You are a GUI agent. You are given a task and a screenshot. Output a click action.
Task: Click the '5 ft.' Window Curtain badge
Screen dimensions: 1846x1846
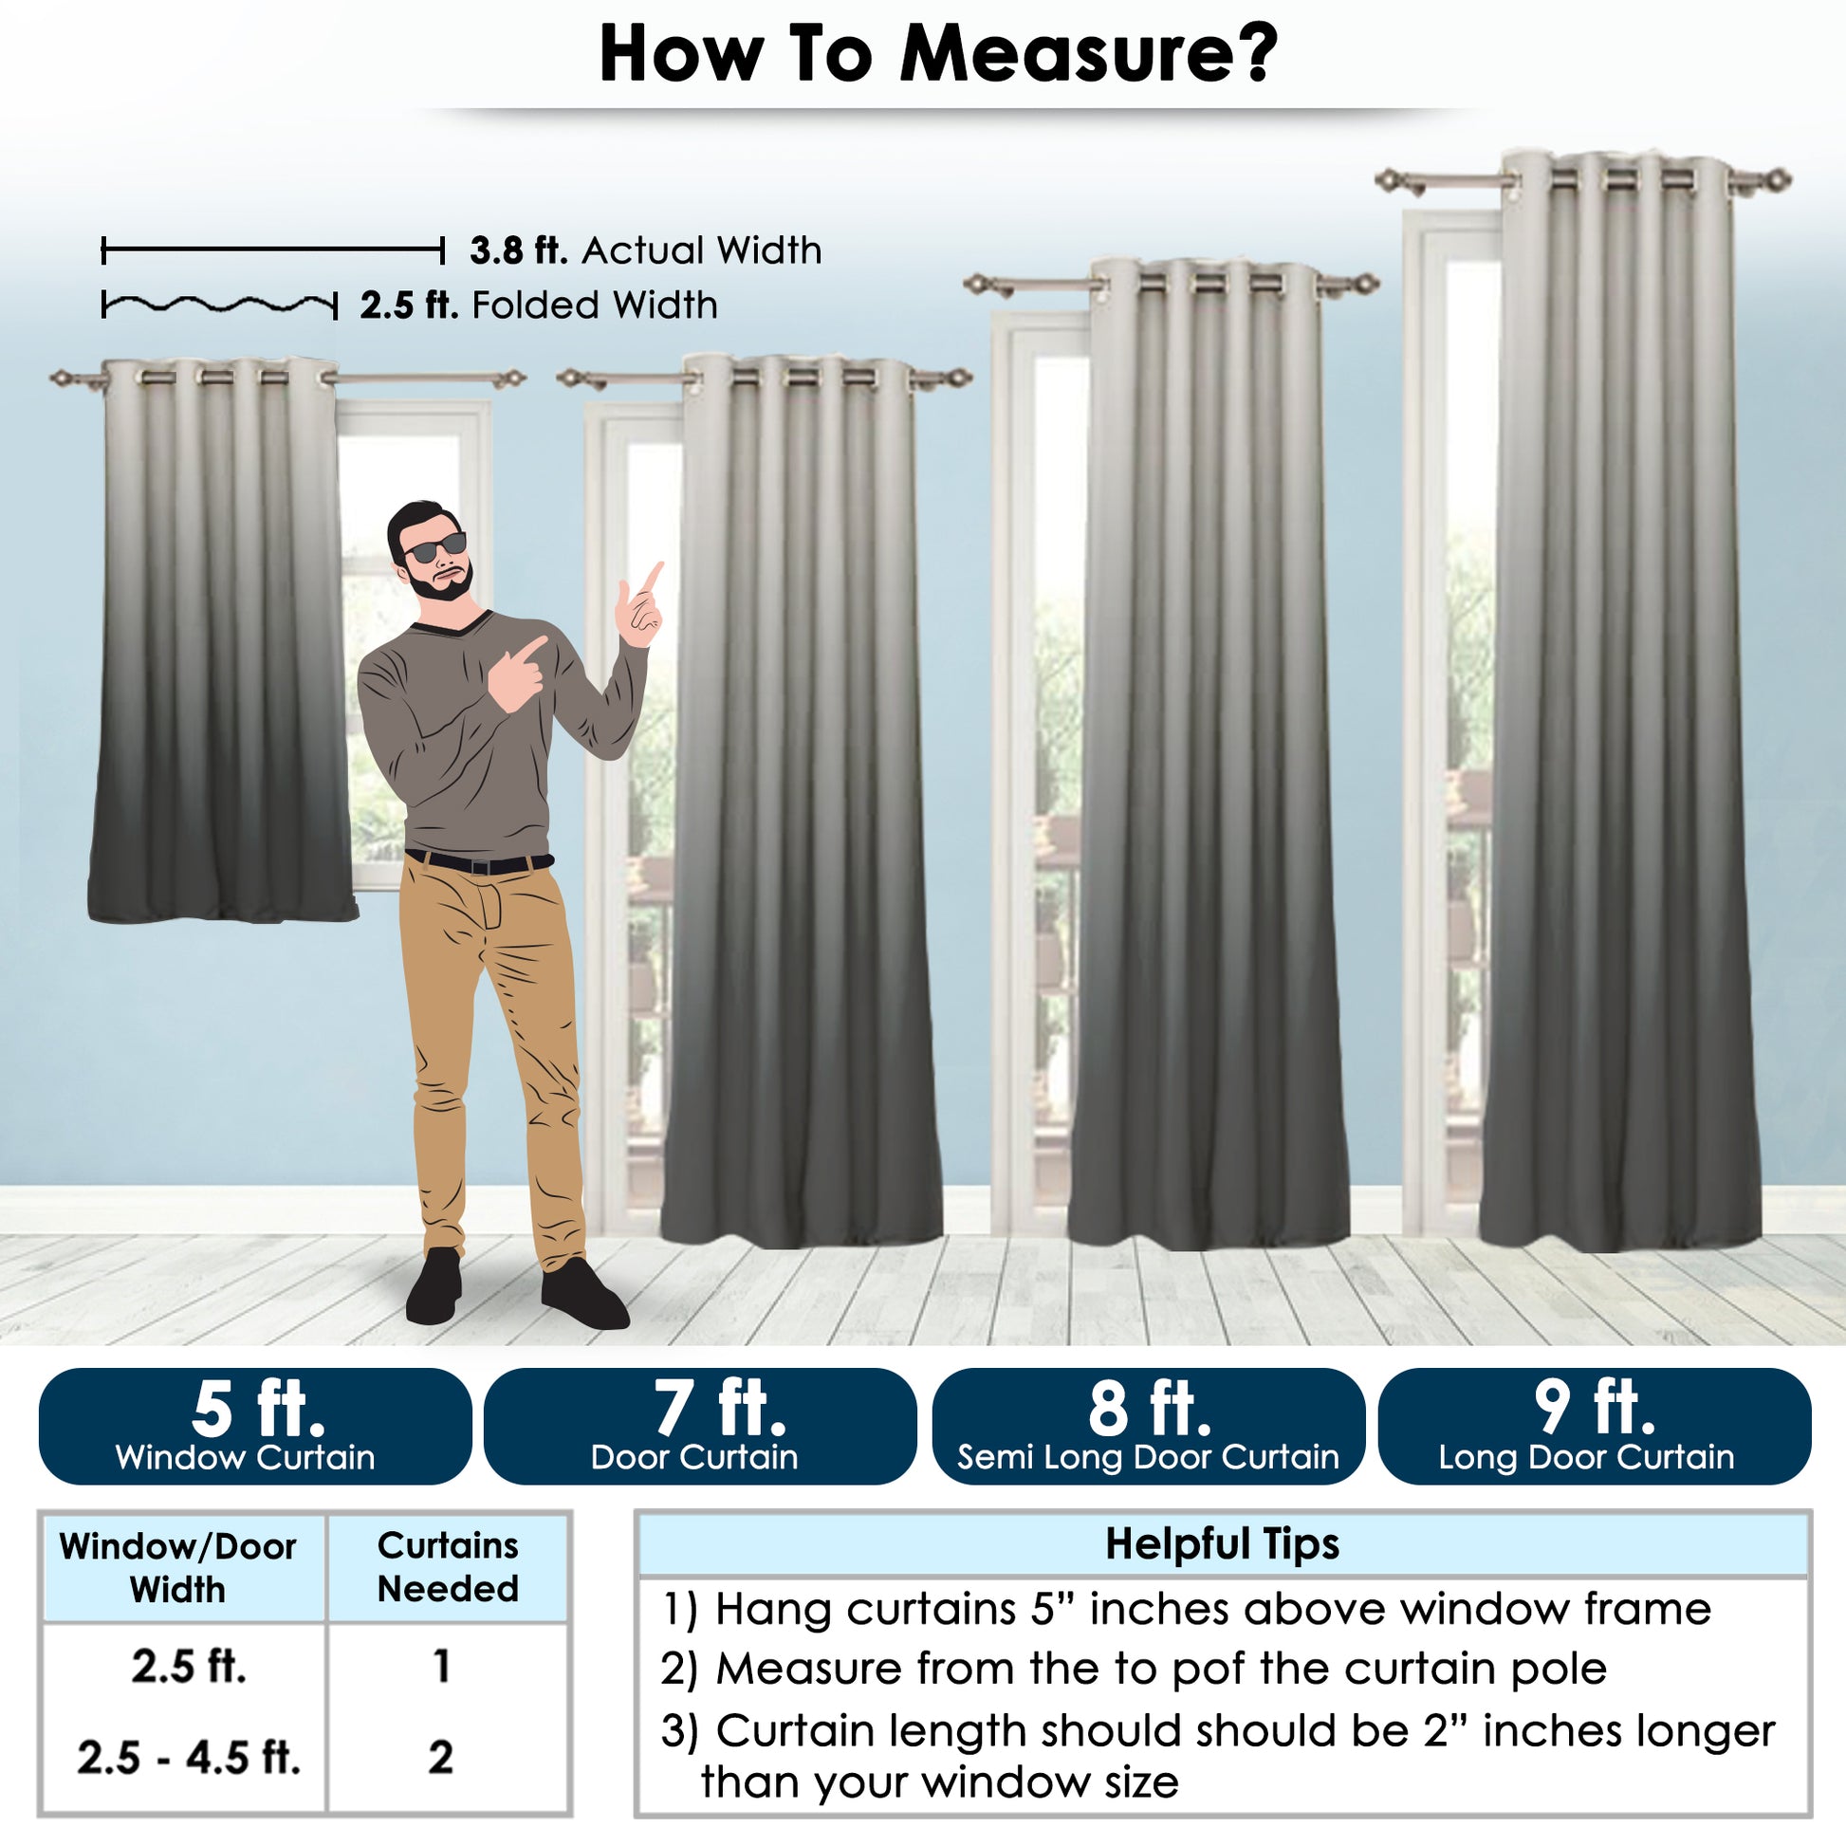click(255, 1426)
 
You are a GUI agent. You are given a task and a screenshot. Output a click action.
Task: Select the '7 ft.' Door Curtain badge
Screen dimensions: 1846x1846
click(700, 1426)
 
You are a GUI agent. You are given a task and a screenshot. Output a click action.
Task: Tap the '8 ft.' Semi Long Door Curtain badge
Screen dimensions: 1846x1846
click(1149, 1426)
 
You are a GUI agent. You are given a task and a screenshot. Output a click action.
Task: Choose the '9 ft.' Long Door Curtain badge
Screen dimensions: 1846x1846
click(1595, 1426)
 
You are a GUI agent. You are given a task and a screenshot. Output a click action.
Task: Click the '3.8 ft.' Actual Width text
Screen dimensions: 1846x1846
click(645, 250)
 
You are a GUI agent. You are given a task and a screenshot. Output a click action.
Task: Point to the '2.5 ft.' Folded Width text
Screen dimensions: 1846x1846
click(539, 305)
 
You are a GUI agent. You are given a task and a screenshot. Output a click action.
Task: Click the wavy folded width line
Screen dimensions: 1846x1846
click(220, 305)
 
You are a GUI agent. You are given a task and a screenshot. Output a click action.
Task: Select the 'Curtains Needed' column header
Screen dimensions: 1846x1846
click(448, 1567)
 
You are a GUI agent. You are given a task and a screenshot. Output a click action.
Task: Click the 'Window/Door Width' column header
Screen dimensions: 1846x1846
click(177, 1568)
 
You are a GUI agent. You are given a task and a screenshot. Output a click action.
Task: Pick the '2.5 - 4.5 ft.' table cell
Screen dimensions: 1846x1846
click(188, 1757)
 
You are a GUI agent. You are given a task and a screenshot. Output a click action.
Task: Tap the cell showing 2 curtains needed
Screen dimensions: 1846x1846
click(440, 1757)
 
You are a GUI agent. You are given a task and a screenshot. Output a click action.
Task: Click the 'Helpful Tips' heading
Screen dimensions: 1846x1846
click(1222, 1545)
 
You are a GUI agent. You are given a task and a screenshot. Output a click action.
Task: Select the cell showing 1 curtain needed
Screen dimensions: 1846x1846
click(441, 1667)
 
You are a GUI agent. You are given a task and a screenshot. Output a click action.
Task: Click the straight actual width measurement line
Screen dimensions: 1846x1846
click(272, 251)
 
